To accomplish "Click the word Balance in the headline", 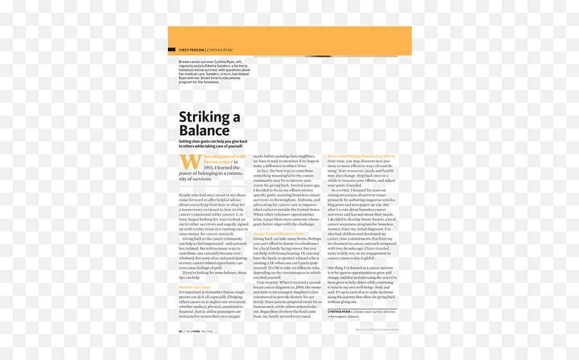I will [204, 130].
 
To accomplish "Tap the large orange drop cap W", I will [190, 161].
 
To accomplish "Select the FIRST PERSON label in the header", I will [191, 50].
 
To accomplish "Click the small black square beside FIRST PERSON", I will [172, 50].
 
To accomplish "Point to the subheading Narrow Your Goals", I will [195, 287].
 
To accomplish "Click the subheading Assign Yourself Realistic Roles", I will [279, 233].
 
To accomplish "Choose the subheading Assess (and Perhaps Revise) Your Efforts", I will [361, 156].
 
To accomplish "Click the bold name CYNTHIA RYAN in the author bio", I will [338, 311].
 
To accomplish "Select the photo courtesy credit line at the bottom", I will [376, 330].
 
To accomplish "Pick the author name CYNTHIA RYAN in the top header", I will [220, 50].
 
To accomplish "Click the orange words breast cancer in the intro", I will [218, 162].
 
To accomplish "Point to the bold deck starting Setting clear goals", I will [212, 144].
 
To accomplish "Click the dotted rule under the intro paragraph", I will [212, 185].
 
